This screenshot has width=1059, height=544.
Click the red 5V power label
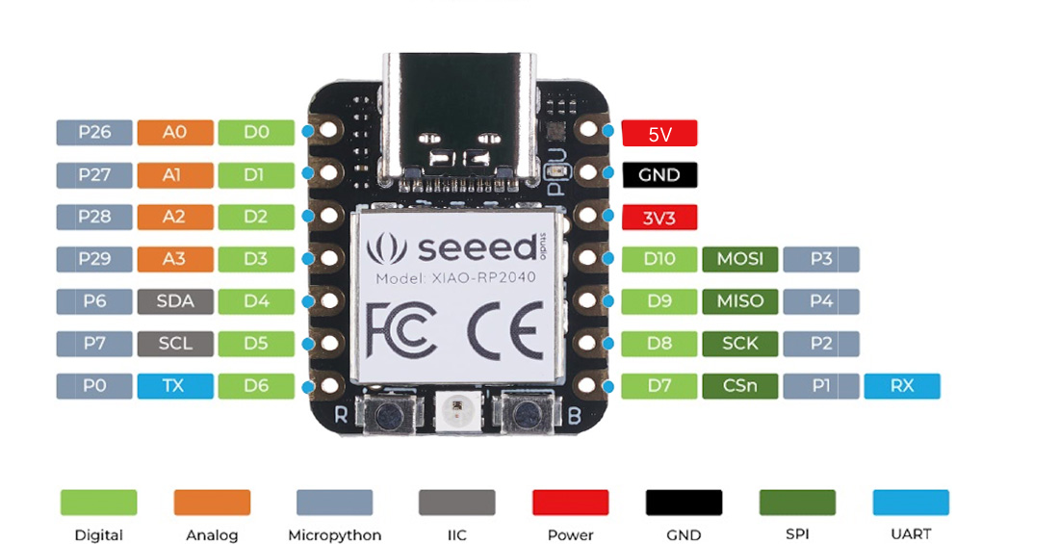(659, 134)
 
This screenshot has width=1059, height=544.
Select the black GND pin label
(659, 175)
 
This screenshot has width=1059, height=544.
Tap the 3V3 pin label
(659, 218)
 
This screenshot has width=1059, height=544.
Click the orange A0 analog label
(174, 133)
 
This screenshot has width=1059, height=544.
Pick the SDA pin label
(174, 301)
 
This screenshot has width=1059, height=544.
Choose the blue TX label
(174, 386)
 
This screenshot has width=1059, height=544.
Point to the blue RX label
(902, 386)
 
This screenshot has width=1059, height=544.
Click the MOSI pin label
(740, 259)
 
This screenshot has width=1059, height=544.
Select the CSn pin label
(740, 386)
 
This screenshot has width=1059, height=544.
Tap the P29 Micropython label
(94, 259)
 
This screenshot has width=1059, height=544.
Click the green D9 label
(659, 301)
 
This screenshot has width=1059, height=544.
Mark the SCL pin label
(174, 344)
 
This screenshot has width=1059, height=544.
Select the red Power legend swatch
(570, 503)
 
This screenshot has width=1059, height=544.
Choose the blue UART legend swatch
(911, 503)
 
